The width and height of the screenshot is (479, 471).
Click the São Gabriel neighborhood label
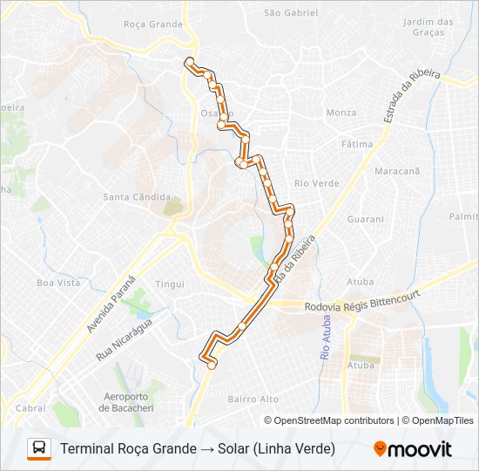(290, 13)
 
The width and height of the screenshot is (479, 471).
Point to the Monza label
(341, 113)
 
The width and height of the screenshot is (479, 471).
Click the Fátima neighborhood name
(357, 144)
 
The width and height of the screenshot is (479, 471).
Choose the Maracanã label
(397, 171)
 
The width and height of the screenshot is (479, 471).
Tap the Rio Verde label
(316, 183)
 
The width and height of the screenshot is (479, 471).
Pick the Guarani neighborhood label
(366, 221)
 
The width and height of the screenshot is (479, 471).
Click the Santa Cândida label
(137, 197)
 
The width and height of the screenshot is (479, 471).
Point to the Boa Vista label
(57, 283)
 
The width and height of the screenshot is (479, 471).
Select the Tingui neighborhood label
(170, 284)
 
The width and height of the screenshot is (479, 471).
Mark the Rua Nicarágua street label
(124, 339)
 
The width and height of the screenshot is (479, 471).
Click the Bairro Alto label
(253, 399)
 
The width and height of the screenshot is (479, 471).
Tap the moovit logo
(413, 449)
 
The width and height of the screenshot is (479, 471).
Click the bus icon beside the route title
(39, 448)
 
